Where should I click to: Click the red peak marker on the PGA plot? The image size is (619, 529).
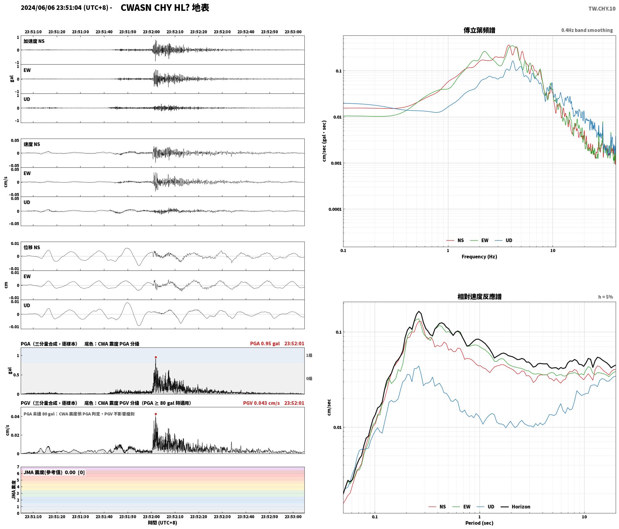tap(156, 357)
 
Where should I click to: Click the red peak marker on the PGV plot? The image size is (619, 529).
tap(156, 414)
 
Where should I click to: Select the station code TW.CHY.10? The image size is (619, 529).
tap(602, 9)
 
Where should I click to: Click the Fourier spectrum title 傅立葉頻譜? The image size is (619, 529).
tap(479, 30)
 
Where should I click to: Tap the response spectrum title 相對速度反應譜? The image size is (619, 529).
tap(479, 297)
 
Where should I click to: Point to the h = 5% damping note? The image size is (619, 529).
tap(605, 297)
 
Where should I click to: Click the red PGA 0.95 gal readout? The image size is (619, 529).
tap(265, 344)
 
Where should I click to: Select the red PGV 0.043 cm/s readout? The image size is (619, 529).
tap(261, 403)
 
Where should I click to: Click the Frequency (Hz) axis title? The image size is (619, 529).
tap(479, 257)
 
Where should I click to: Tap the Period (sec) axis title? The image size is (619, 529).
tap(479, 523)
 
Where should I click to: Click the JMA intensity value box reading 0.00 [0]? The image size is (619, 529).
tap(54, 472)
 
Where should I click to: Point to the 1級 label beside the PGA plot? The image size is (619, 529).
tap(309, 356)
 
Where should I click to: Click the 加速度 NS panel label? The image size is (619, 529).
tap(34, 41)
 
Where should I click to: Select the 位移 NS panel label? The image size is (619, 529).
tap(32, 248)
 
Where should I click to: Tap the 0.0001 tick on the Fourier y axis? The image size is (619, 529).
tap(335, 209)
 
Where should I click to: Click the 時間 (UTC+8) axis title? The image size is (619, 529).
tap(163, 523)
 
